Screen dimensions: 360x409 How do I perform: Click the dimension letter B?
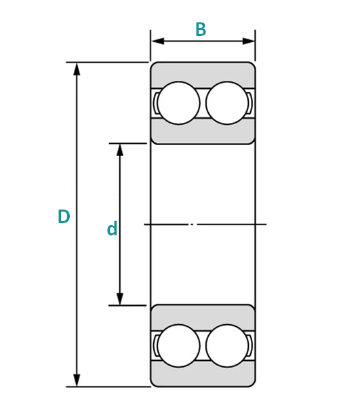tap(201, 29)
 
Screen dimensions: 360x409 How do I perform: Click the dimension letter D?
tap(64, 216)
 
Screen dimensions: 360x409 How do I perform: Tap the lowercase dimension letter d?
tap(112, 229)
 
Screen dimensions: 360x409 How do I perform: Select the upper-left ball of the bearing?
tap(178, 103)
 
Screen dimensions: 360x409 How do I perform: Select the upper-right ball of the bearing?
tap(227, 103)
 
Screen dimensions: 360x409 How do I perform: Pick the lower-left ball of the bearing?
tap(178, 346)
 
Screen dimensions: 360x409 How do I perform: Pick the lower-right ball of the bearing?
tap(227, 346)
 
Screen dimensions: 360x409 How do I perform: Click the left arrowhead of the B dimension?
tap(158, 41)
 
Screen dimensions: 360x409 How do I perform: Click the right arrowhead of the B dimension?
tap(248, 41)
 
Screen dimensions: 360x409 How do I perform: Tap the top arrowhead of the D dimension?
tap(77, 69)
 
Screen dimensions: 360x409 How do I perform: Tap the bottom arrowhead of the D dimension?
tap(77, 380)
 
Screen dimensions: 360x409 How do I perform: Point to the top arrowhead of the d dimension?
tap(119, 150)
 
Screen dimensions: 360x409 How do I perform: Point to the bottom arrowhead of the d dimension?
tap(119, 298)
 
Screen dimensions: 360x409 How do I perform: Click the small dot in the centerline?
tap(192, 225)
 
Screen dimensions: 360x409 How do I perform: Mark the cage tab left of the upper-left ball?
tap(156, 103)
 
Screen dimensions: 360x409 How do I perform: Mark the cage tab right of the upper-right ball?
tap(250, 103)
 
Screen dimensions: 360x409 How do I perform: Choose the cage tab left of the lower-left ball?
tap(156, 346)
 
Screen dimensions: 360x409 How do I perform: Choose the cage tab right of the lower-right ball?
tap(250, 346)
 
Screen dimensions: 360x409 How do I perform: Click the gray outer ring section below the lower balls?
tap(203, 374)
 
